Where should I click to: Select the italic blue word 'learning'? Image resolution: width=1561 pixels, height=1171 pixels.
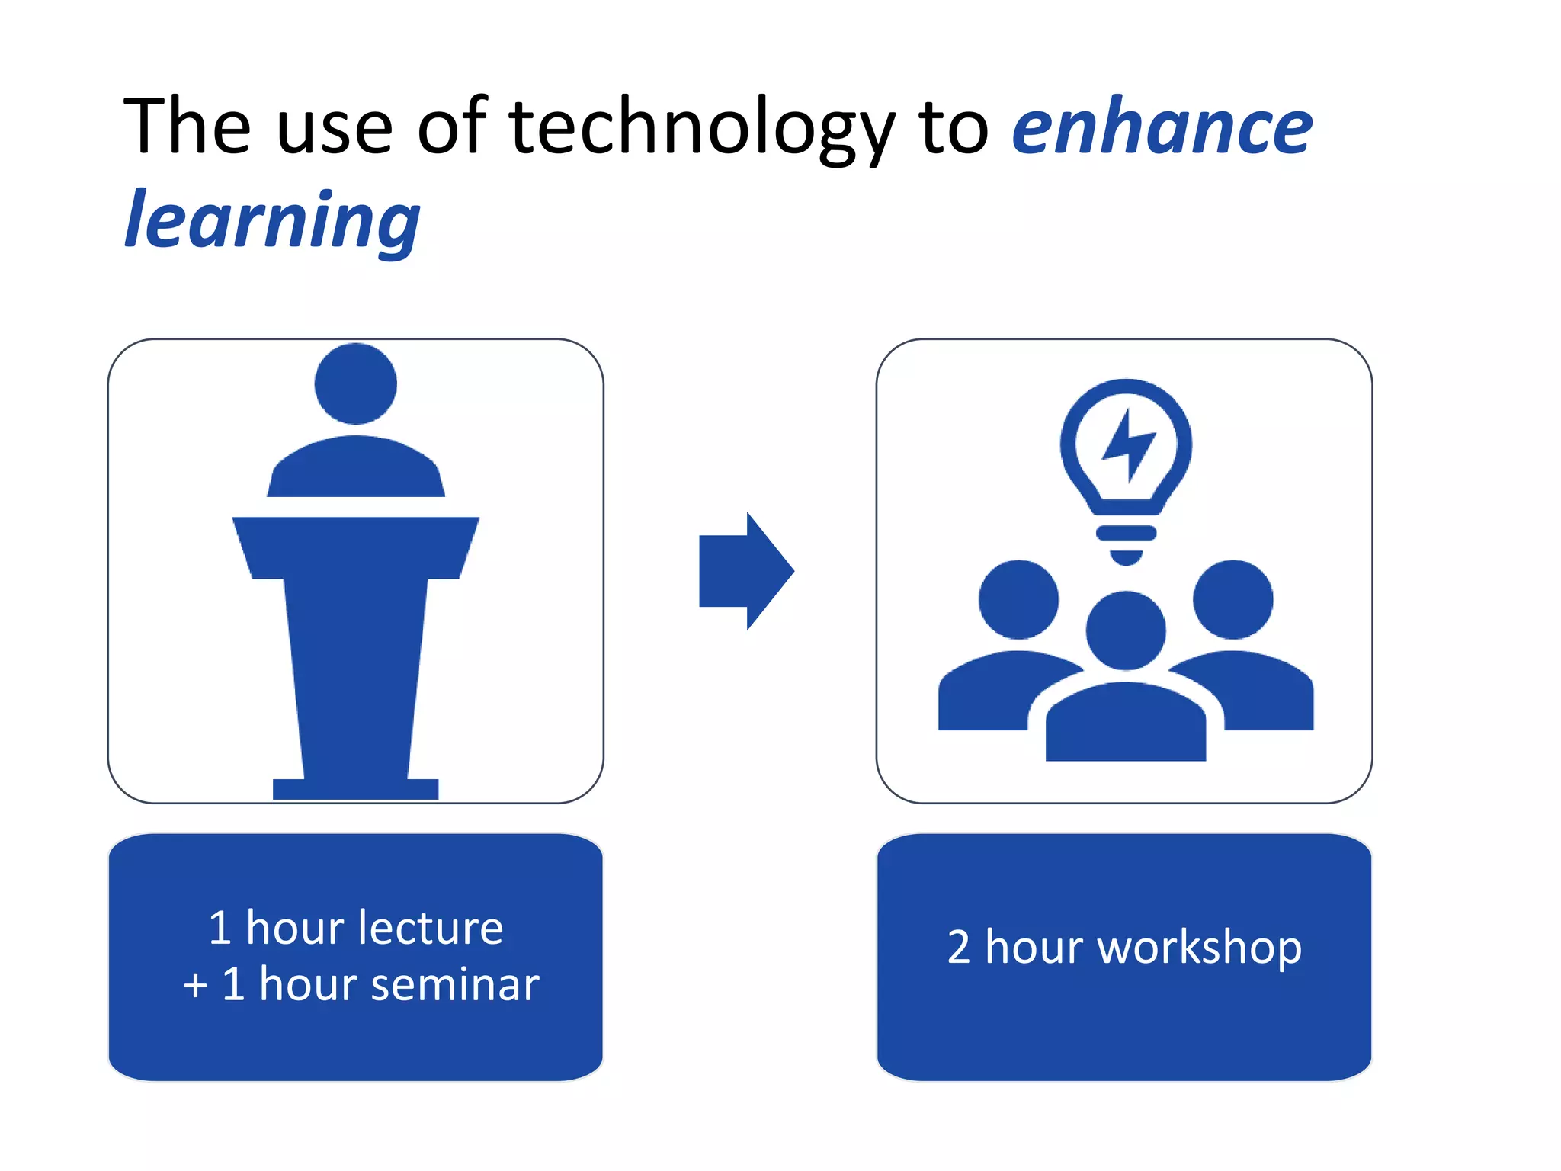click(x=272, y=221)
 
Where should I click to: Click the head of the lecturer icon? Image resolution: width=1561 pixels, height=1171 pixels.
click(x=355, y=383)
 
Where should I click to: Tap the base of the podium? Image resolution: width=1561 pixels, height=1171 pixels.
click(x=355, y=789)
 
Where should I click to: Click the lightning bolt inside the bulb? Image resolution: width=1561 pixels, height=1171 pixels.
click(x=1128, y=445)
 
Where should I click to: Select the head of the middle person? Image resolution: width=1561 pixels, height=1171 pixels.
click(x=1126, y=630)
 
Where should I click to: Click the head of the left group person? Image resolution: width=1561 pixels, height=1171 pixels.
click(x=1018, y=599)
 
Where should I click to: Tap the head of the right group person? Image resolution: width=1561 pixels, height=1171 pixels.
click(x=1232, y=599)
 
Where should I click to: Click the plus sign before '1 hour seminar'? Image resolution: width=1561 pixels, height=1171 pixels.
click(x=195, y=985)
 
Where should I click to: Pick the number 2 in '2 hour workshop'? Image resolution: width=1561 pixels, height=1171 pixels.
click(x=958, y=948)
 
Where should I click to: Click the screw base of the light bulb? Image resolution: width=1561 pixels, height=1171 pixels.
click(x=1126, y=541)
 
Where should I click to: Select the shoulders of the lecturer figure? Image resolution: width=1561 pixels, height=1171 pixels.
click(x=355, y=469)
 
